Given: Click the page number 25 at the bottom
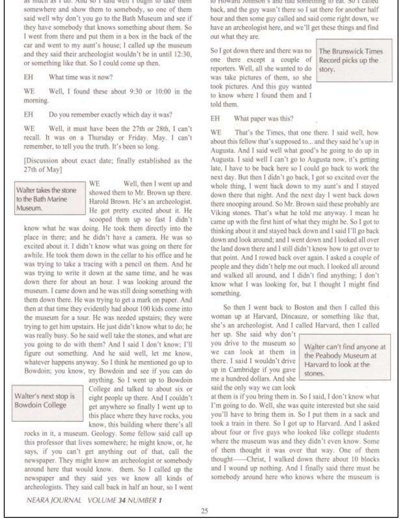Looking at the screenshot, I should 204,511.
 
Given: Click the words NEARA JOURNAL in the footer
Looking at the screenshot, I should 54,500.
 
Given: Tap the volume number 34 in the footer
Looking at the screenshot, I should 122,500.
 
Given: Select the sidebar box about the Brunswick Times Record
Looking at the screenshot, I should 354,60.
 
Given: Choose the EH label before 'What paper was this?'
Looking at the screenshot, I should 215,119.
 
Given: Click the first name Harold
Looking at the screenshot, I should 99,202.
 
